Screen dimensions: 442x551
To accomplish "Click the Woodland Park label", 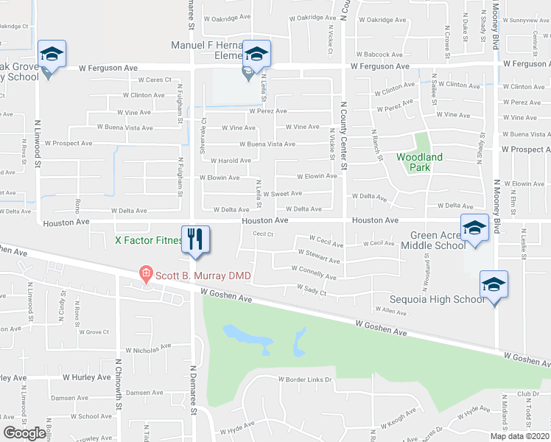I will tap(420, 162).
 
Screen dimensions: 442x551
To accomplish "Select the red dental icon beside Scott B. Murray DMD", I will tap(146, 275).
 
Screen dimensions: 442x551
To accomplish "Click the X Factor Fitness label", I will tap(147, 240).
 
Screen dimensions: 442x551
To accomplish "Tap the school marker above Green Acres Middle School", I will tap(475, 228).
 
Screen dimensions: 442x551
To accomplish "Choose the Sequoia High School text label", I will tap(438, 299).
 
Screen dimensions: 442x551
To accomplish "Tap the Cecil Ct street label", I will tap(263, 234).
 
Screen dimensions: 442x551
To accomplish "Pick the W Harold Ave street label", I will tap(231, 161).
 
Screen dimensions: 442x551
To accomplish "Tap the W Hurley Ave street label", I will tap(86, 377).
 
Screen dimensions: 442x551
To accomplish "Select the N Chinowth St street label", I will tap(118, 384).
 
